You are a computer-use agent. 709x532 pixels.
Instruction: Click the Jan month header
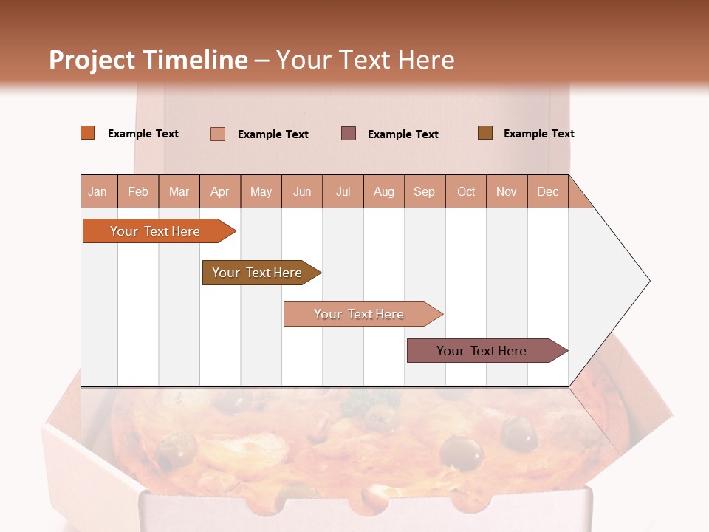tap(98, 192)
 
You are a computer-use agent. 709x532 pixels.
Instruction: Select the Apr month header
tap(220, 192)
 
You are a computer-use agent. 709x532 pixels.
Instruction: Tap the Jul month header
tap(343, 192)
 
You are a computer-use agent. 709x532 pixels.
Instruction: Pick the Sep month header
tap(424, 192)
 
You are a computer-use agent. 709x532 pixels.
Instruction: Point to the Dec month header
tap(547, 192)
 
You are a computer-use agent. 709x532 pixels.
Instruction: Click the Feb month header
tap(138, 192)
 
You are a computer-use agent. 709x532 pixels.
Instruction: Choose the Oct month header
tap(466, 192)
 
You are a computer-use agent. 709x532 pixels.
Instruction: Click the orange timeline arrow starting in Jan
tap(155, 231)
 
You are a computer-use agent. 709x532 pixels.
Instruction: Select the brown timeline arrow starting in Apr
tap(258, 273)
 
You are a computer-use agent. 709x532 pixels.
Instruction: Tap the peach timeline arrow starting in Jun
tap(360, 314)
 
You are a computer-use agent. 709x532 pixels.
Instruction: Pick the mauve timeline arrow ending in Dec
tap(482, 351)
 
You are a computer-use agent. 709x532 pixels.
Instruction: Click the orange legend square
tap(88, 133)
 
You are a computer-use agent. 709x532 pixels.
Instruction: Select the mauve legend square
tap(349, 133)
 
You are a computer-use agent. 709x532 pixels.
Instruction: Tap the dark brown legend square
tap(485, 133)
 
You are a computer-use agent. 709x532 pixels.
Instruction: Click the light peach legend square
tap(218, 134)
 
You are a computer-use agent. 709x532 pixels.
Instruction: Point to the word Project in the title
tap(92, 60)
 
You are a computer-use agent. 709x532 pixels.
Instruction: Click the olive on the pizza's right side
tap(519, 433)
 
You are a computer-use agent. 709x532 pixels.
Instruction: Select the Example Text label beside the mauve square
tap(403, 134)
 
